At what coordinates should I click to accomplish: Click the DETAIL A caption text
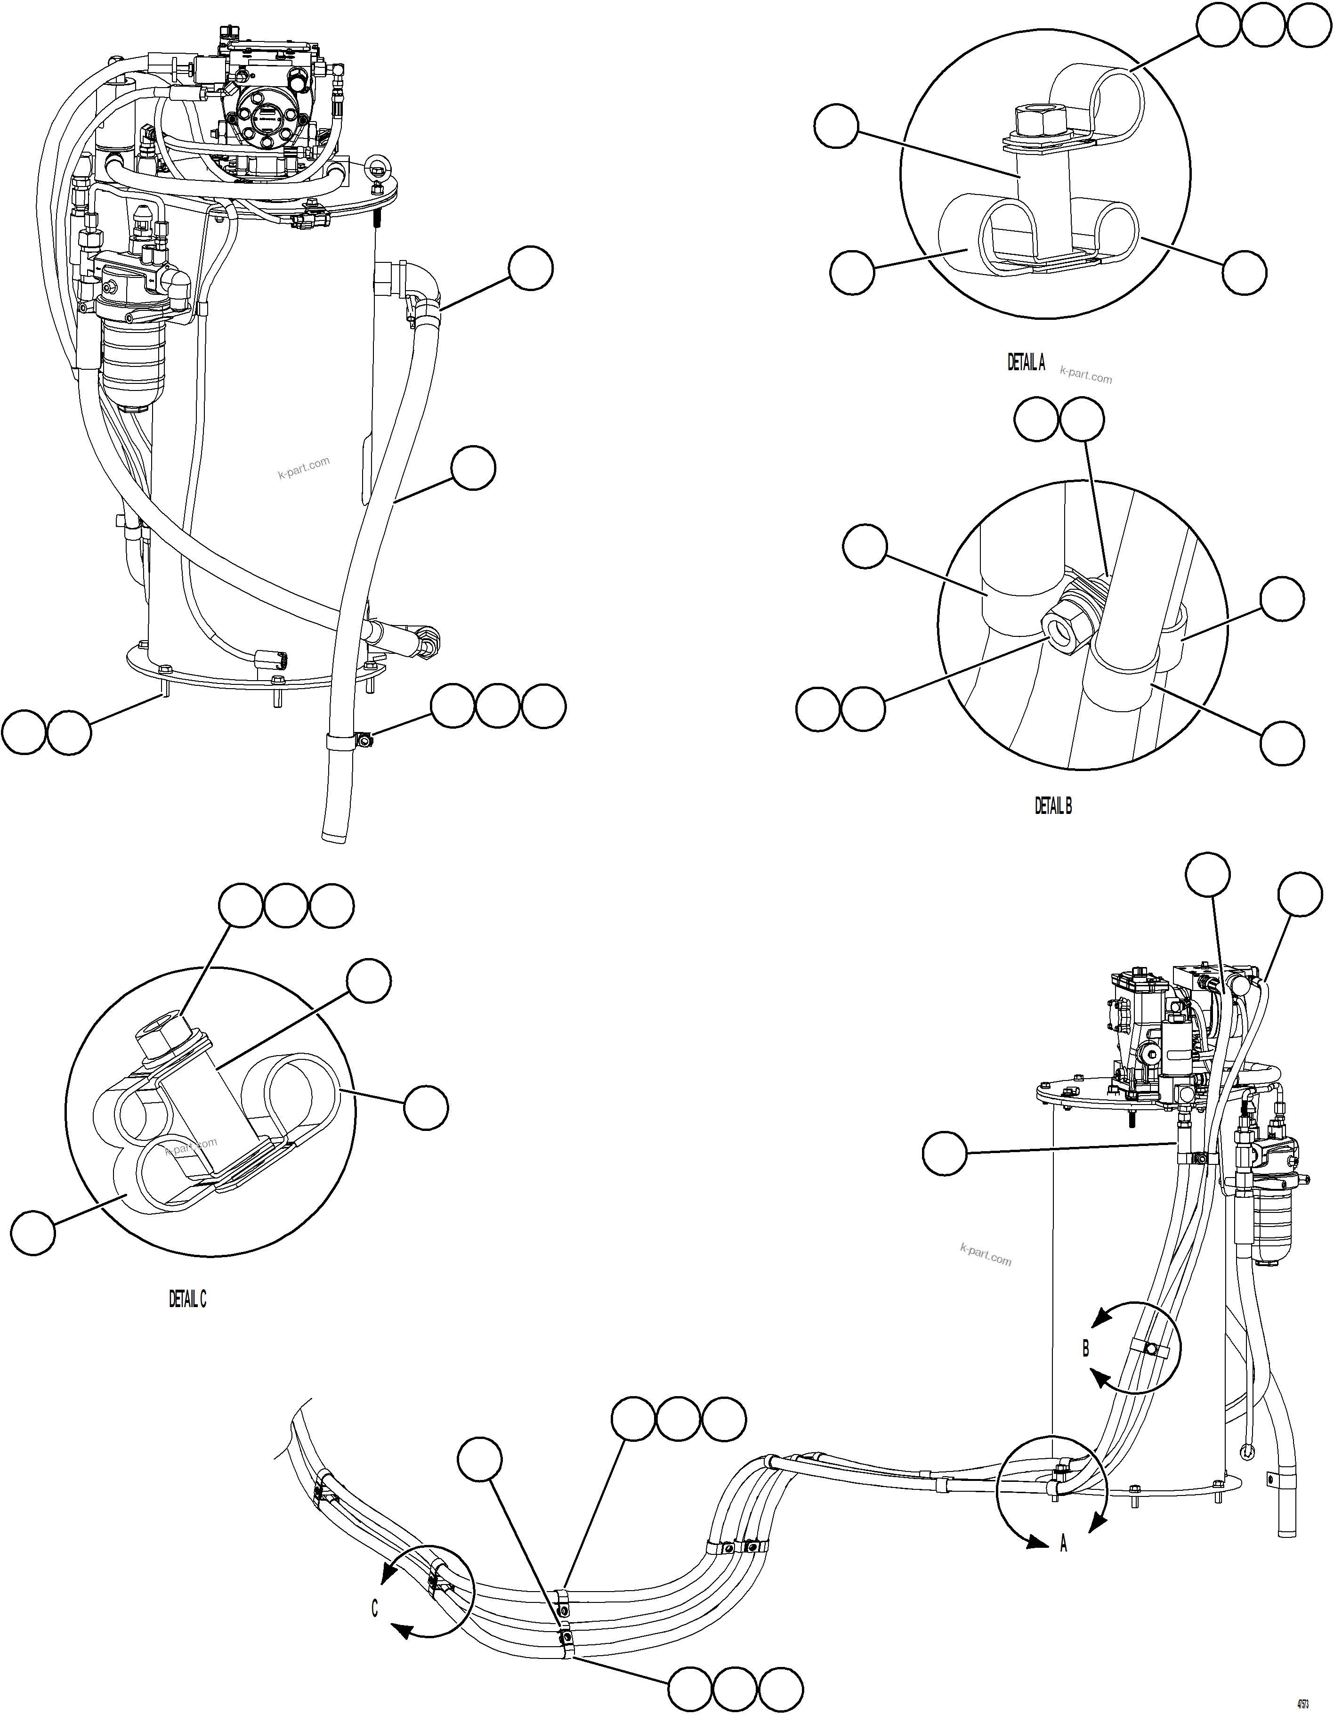pyautogui.click(x=1026, y=362)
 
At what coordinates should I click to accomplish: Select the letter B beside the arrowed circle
pyautogui.click(x=1086, y=1348)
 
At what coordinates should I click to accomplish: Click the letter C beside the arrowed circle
pyautogui.click(x=374, y=1609)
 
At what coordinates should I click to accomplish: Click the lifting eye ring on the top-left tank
pyautogui.click(x=379, y=166)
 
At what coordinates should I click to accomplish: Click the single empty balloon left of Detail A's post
pyautogui.click(x=836, y=127)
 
